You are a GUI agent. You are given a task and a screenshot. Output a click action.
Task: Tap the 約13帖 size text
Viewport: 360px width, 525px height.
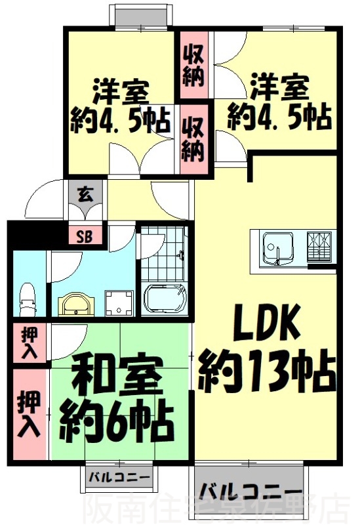(267, 370)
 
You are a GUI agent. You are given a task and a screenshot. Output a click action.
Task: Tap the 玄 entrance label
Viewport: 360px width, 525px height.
(85, 195)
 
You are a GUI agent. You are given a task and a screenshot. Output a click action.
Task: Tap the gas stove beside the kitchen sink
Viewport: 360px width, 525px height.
(321, 247)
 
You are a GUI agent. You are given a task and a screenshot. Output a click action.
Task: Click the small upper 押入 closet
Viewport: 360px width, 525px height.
(28, 343)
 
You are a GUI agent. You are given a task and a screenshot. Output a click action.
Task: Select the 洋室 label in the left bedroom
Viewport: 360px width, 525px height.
(120, 89)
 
